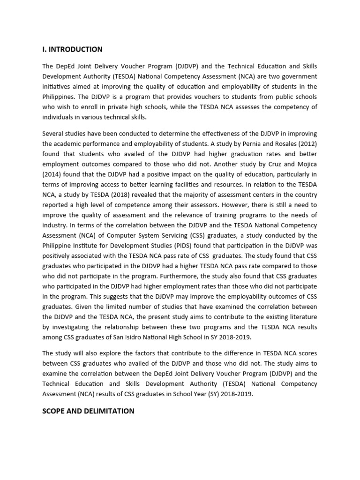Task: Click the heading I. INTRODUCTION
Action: tap(72, 49)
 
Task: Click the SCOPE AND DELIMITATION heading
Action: tap(88, 411)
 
